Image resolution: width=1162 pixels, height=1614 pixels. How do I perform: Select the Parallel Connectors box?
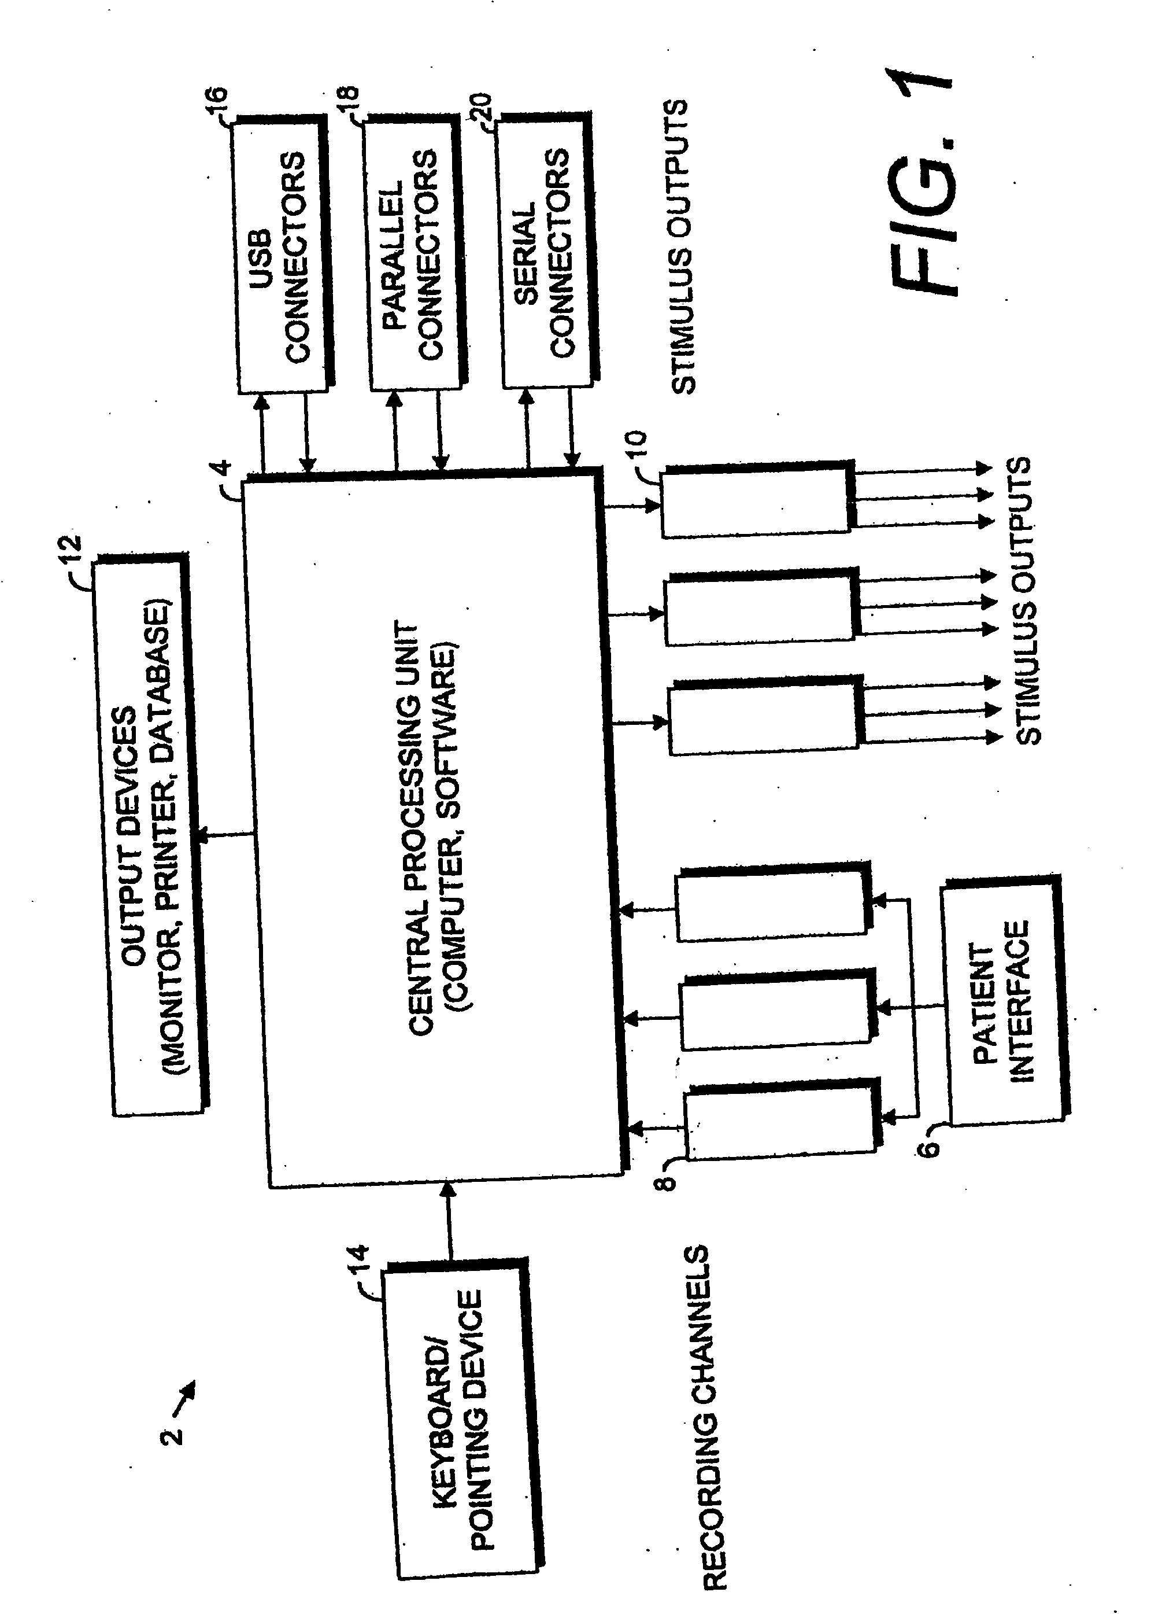pyautogui.click(x=415, y=255)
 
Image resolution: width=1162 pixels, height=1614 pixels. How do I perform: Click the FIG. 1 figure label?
pyautogui.click(x=924, y=182)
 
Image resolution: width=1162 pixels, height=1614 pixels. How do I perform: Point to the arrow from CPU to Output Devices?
pyautogui.click(x=223, y=834)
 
